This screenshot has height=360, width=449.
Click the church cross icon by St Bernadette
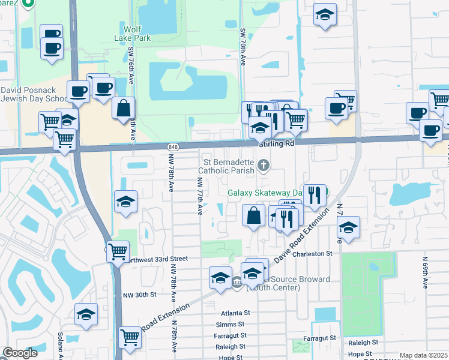tap(262, 165)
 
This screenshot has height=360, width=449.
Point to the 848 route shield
tap(173, 147)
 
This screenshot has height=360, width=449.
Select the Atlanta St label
tap(235, 313)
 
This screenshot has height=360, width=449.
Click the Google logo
tap(20, 353)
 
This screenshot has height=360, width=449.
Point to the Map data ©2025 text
tap(423, 355)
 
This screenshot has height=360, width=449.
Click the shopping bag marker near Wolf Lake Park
tap(123, 109)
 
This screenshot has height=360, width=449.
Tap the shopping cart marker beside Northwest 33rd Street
tap(118, 251)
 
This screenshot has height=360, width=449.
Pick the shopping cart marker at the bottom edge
tap(130, 337)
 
